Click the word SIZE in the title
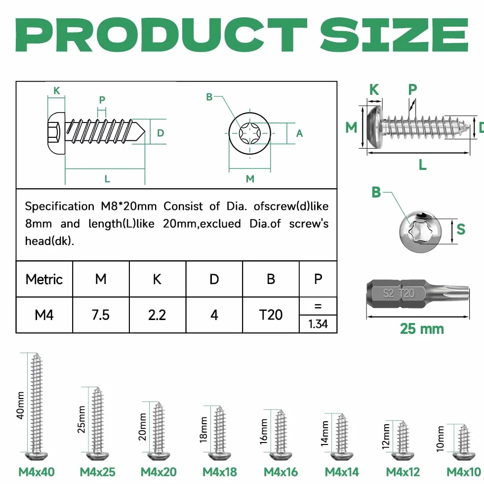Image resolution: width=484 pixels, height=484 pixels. click(395, 35)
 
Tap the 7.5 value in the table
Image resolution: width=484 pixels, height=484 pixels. click(101, 315)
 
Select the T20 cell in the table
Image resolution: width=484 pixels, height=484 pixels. click(271, 315)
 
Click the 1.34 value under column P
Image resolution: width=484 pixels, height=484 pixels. click(318, 324)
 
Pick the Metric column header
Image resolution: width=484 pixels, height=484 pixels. click(44, 280)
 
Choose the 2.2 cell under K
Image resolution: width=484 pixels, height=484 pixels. click(157, 315)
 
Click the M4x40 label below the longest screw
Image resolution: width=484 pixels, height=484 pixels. click(37, 472)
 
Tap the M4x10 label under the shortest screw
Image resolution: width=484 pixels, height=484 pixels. click(464, 472)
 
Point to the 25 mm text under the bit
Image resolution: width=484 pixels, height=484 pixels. click(422, 329)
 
